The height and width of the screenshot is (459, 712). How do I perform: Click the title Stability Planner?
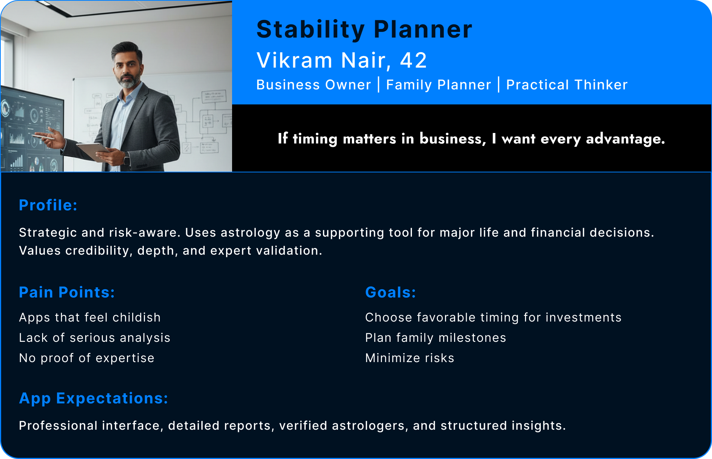(364, 30)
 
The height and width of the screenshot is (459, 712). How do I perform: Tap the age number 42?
(413, 60)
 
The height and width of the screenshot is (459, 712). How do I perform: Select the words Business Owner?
(314, 85)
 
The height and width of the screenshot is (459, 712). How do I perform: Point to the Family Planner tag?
(439, 85)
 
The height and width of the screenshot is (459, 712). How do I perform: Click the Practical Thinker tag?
(567, 85)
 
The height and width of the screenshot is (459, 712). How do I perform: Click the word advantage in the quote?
(625, 139)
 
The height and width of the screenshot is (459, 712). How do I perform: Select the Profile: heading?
(48, 205)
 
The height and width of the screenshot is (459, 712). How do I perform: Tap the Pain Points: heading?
(67, 293)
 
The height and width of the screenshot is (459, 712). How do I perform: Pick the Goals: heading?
(391, 293)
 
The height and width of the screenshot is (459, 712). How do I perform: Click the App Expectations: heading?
(94, 399)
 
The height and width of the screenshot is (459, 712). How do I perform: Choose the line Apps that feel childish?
(90, 317)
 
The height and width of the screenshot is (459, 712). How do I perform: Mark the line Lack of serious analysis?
(95, 338)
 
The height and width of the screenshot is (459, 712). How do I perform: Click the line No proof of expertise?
(87, 358)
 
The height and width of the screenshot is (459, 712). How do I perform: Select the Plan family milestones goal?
(436, 338)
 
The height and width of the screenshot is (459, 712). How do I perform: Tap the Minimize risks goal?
(410, 358)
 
